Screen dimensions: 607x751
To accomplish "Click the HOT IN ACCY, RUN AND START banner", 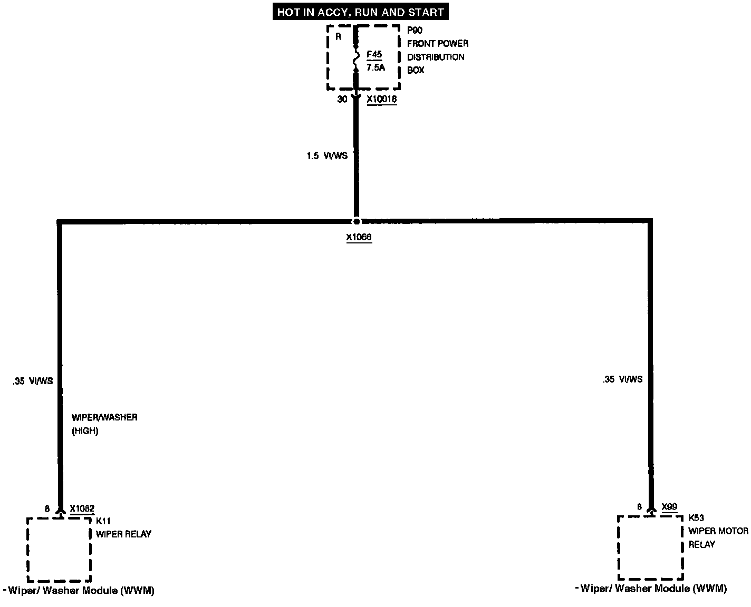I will tap(361, 12).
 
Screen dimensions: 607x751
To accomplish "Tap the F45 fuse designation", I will tap(374, 54).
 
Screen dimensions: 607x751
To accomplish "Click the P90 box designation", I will tap(415, 31).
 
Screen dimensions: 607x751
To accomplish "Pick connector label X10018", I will tap(381, 99).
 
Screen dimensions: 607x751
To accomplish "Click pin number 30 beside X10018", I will tap(342, 99).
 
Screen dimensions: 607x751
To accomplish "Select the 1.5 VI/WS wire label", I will tap(327, 156).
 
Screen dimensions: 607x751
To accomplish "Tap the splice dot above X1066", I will tap(357, 221).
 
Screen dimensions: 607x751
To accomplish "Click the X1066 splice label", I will tap(359, 238).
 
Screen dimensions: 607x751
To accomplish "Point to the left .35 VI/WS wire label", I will tap(33, 381).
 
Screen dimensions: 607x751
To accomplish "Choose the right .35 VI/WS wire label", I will tap(622, 379).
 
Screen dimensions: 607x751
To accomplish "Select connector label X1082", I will tap(82, 508).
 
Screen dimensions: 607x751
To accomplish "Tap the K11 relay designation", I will tap(103, 521).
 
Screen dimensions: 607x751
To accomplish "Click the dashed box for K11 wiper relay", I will tap(59, 549).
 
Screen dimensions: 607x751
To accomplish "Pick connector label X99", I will tap(669, 507).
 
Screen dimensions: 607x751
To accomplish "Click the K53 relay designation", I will tap(696, 518).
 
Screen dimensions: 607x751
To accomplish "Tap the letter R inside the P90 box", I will tap(339, 37).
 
